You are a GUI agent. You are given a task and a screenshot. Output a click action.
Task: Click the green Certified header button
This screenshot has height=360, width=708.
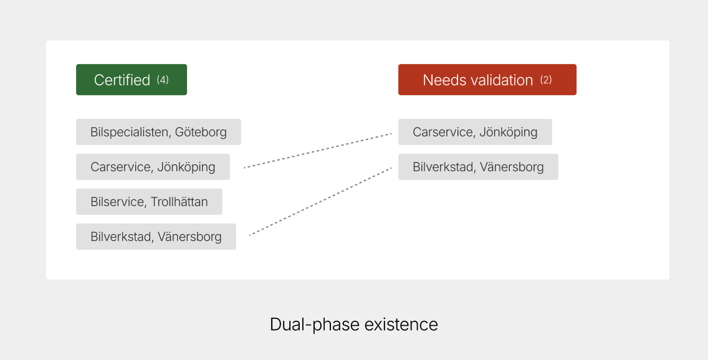click(131, 80)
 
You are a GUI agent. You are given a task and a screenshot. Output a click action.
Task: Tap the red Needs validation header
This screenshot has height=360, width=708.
click(487, 80)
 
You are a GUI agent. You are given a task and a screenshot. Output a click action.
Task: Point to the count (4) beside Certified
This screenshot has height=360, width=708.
click(163, 80)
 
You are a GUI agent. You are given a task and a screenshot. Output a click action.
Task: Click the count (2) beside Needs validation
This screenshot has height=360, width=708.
click(546, 80)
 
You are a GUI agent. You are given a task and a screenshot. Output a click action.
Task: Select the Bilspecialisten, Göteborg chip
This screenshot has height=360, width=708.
click(158, 132)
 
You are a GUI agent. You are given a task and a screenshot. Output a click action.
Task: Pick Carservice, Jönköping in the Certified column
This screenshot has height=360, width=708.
click(153, 167)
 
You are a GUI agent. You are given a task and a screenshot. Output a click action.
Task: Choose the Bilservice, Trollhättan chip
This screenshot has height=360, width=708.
click(149, 202)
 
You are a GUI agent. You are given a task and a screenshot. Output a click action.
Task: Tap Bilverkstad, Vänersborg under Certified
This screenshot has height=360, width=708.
click(156, 237)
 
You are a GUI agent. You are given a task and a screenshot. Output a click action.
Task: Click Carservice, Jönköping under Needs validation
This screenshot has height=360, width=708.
click(475, 132)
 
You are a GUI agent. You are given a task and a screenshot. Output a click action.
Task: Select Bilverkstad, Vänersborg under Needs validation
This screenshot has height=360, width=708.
click(478, 167)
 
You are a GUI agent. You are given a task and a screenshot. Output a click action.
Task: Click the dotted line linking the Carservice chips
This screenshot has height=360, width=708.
click(317, 150)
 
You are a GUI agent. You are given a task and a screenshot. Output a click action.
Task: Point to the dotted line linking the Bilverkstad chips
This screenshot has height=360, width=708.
click(320, 201)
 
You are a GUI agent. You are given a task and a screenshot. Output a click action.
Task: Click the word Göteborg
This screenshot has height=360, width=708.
click(201, 132)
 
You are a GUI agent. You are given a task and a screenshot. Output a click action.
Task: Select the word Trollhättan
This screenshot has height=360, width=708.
click(179, 202)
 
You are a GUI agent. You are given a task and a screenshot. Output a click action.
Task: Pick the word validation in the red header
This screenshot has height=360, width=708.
click(502, 80)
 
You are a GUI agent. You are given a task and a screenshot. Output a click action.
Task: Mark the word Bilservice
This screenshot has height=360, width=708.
click(117, 202)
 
